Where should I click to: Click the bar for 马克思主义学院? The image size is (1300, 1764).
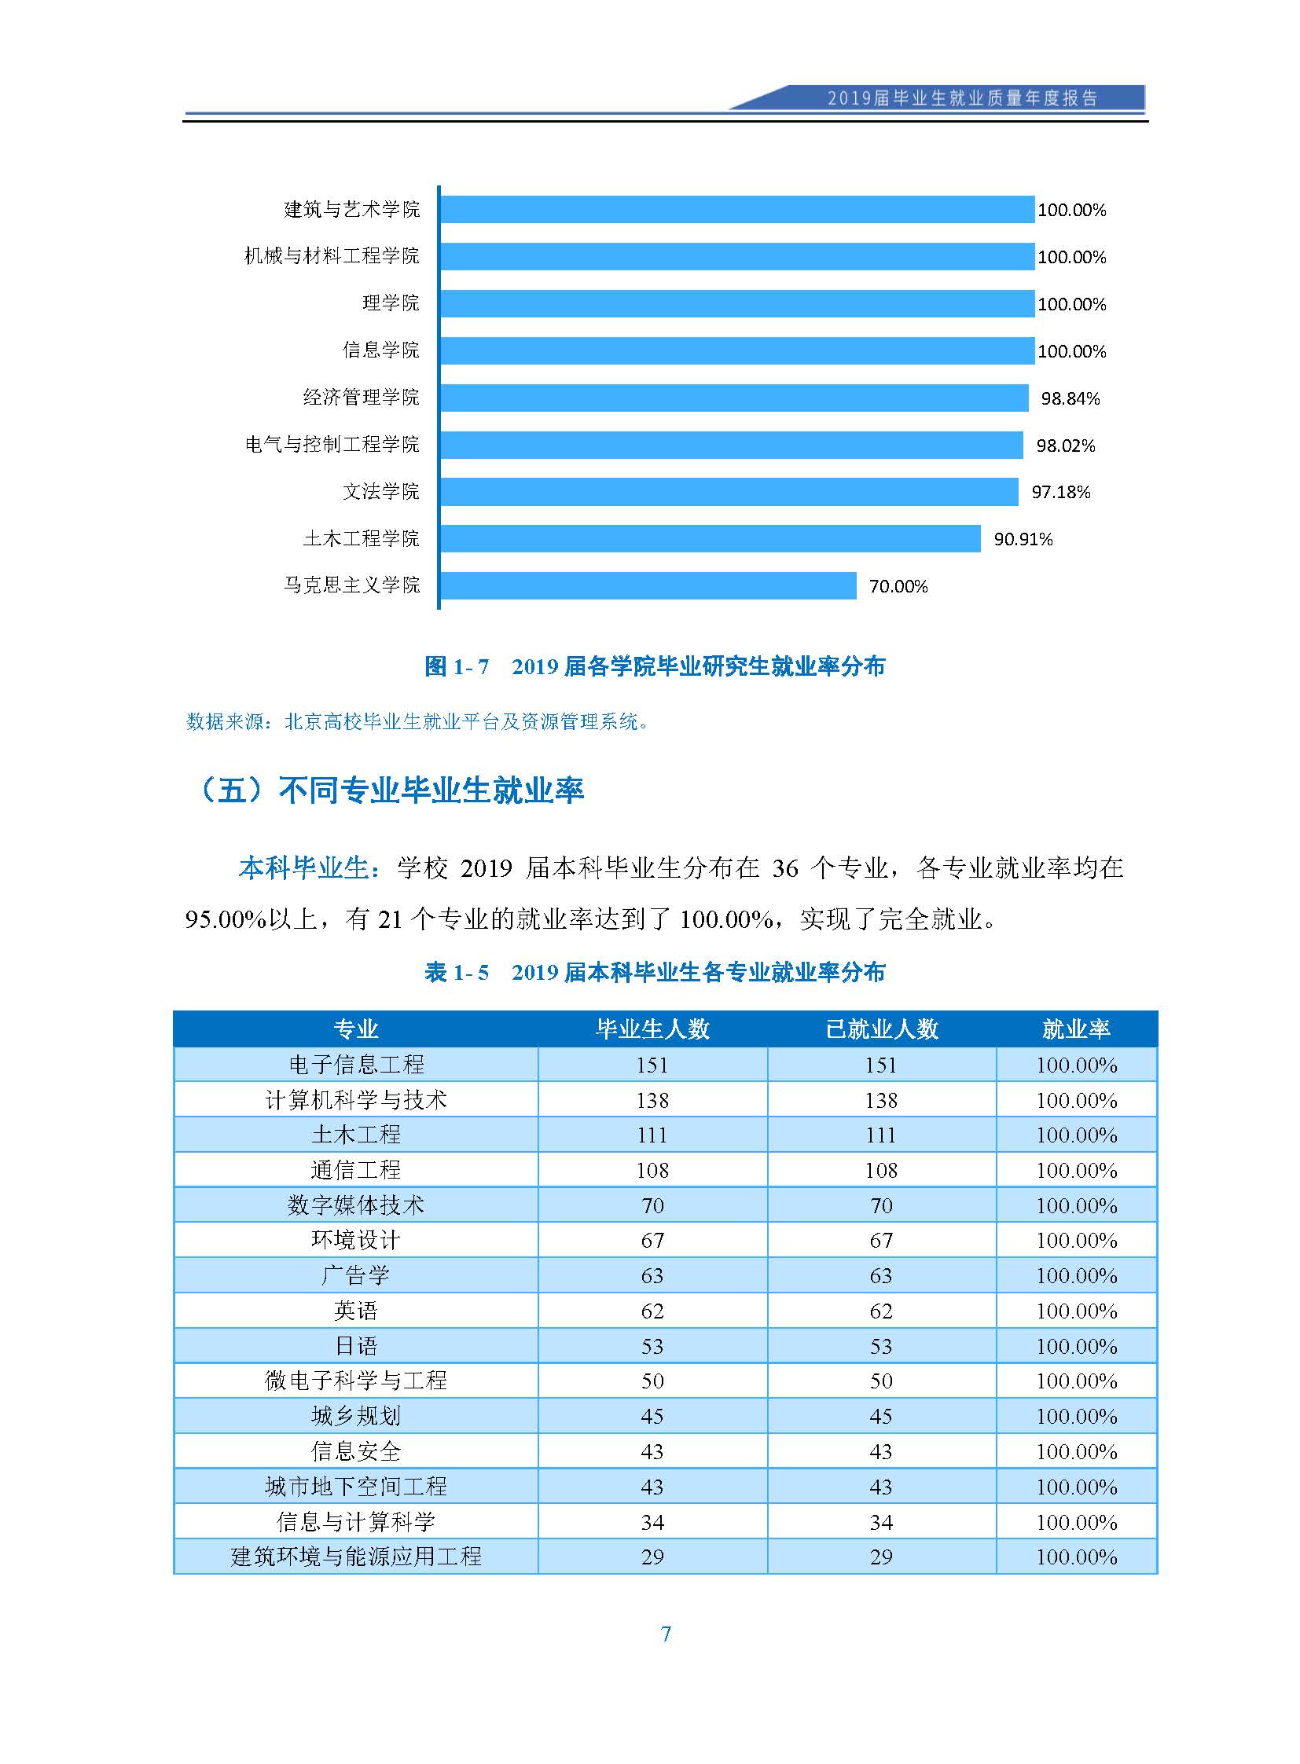pyautogui.click(x=648, y=586)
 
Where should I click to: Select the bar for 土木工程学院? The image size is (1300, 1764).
pyautogui.click(x=711, y=539)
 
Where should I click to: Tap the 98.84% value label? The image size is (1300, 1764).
pyautogui.click(x=1070, y=399)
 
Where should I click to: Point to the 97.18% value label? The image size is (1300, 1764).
pyautogui.click(x=1061, y=493)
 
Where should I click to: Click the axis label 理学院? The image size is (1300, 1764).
pyautogui.click(x=391, y=303)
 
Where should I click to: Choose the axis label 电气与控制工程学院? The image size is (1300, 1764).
pyautogui.click(x=332, y=445)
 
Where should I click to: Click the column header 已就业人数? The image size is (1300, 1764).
pyautogui.click(x=881, y=1029)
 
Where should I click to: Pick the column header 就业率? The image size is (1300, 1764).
pyautogui.click(x=1076, y=1029)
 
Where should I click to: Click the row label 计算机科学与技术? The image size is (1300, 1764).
pyautogui.click(x=356, y=1100)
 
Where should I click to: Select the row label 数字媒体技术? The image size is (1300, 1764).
pyautogui.click(x=356, y=1205)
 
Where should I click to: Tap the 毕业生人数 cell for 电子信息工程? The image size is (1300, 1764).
pyautogui.click(x=652, y=1065)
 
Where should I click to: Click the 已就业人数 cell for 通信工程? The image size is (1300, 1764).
pyautogui.click(x=881, y=1171)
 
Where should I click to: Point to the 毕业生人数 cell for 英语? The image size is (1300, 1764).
pyautogui.click(x=652, y=1311)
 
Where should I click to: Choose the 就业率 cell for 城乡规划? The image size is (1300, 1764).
pyautogui.click(x=1077, y=1416)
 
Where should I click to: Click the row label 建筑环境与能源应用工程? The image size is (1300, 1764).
pyautogui.click(x=356, y=1557)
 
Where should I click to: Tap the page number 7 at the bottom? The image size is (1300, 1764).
pyautogui.click(x=666, y=1634)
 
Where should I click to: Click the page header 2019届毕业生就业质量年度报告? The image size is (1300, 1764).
pyautogui.click(x=961, y=98)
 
